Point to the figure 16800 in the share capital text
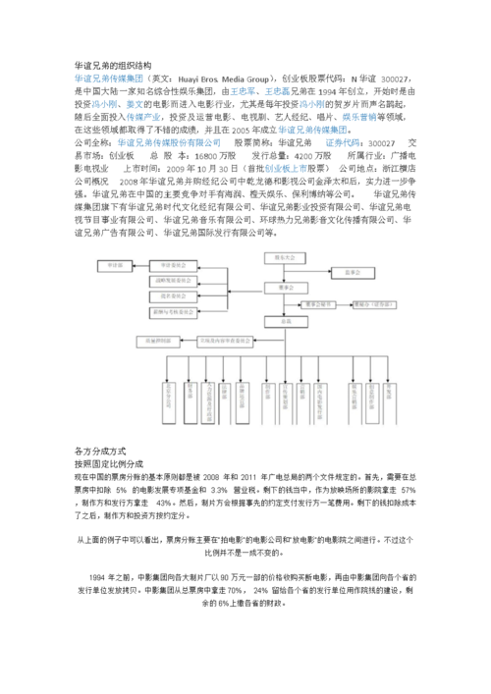tap(209, 155)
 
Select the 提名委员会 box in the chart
tap(170, 297)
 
